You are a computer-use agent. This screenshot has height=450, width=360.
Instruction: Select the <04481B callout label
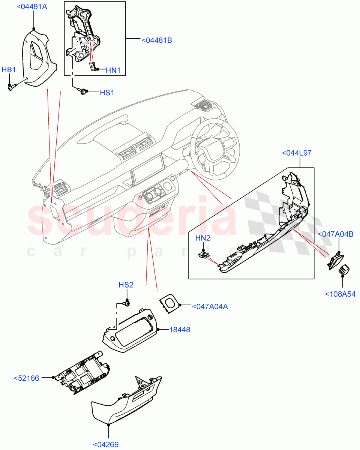tap(157, 40)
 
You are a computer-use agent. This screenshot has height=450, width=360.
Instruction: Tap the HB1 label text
tap(9, 70)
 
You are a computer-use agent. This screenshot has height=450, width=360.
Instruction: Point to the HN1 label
tap(113, 70)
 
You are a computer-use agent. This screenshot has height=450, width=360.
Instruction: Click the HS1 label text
tap(107, 93)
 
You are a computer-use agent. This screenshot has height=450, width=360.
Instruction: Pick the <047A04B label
tap(335, 234)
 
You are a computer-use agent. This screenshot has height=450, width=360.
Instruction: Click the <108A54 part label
tap(340, 294)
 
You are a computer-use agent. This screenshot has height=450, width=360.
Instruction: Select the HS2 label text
tap(126, 285)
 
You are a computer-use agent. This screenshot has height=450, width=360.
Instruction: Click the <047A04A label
tap(210, 306)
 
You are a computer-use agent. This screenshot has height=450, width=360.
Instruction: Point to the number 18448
tap(179, 330)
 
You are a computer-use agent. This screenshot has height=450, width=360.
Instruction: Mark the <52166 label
tap(26, 378)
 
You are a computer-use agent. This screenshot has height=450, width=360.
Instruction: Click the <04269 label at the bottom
tap(106, 445)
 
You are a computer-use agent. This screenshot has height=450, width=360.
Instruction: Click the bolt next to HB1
tap(11, 87)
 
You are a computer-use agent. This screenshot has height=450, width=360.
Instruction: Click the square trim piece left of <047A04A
tap(169, 302)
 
